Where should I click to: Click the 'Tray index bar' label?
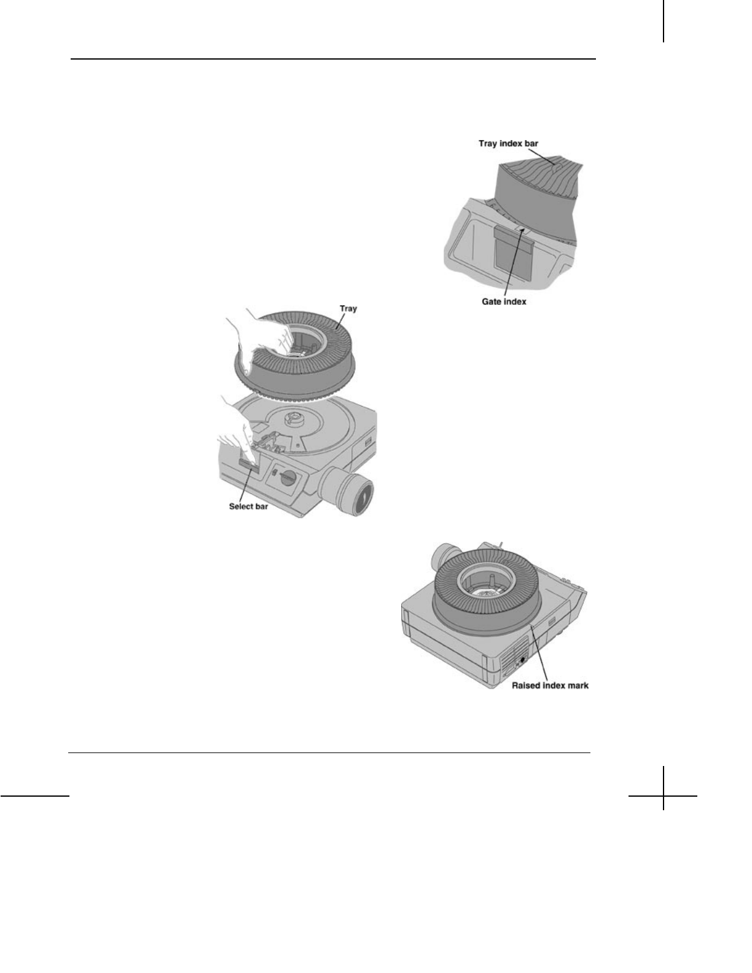[508, 143]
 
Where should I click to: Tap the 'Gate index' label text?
[504, 302]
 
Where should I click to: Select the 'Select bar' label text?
[249, 506]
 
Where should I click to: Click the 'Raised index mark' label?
[550, 685]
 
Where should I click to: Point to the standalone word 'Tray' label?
[348, 308]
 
